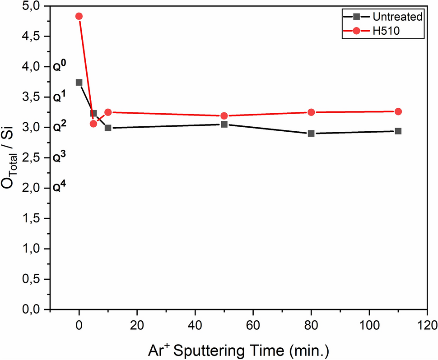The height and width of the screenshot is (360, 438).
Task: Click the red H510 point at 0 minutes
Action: [x=79, y=16]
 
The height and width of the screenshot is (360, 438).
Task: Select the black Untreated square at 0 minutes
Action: [x=79, y=83]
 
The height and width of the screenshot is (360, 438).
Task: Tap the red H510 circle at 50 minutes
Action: [x=224, y=116]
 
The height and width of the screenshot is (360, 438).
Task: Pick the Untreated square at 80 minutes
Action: [x=311, y=134]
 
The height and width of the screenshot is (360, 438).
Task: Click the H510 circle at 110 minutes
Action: [x=398, y=111]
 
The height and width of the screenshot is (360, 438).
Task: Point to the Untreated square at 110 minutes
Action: [x=398, y=131]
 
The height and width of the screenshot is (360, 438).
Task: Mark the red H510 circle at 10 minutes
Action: [x=108, y=112]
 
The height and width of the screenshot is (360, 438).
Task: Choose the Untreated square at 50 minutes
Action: [x=224, y=124]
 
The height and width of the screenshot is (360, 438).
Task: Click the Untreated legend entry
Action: [x=389, y=17]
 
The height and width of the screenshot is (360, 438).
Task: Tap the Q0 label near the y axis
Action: [x=59, y=65]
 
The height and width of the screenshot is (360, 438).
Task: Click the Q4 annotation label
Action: [x=59, y=187]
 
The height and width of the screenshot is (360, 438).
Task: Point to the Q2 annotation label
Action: [x=59, y=127]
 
